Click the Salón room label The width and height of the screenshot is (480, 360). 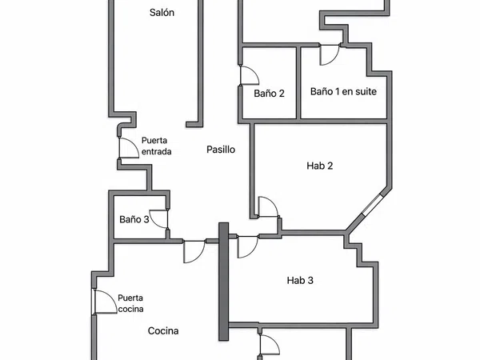point(162,13)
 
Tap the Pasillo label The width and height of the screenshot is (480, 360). point(221,150)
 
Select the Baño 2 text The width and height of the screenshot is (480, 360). point(269,94)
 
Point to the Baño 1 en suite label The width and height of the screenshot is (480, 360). point(343,91)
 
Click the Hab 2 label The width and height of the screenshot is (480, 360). point(319,166)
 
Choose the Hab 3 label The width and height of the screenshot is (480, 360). point(300,280)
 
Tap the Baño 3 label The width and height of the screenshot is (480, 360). point(134,219)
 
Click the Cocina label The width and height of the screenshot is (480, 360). point(163,330)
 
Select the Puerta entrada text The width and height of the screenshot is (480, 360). point(156,146)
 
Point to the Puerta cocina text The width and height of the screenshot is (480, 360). point(130,303)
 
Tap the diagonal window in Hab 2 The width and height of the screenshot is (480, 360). point(372,204)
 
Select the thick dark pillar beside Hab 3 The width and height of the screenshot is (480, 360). point(224,282)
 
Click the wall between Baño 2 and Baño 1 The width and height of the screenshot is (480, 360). point(298,82)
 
